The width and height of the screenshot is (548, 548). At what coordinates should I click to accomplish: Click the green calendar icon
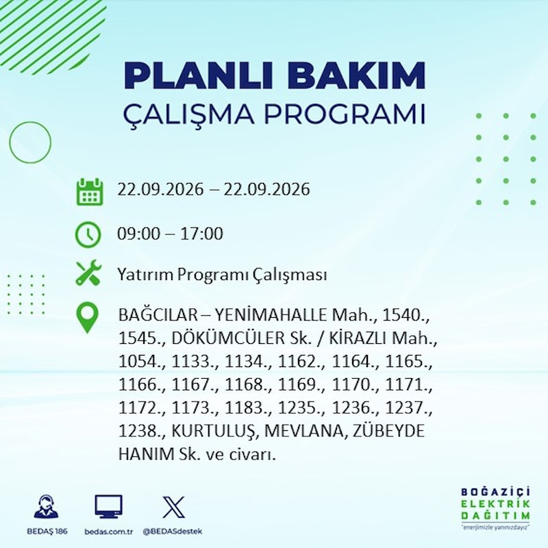90,192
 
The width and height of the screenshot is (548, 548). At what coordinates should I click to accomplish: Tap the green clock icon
88,234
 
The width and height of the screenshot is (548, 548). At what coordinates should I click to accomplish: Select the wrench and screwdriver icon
88,273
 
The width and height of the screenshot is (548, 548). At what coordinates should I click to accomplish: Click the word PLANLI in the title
198,75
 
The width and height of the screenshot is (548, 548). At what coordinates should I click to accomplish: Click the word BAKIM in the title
356,75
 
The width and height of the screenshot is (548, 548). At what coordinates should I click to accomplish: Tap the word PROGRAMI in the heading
345,114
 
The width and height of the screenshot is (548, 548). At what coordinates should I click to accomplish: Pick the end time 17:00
201,234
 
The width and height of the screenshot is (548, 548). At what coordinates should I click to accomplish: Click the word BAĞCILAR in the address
158,315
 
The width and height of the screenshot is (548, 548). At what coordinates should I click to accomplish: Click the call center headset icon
47,506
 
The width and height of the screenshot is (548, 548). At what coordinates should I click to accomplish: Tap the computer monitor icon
109,506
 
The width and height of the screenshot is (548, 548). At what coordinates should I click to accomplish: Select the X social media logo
174,507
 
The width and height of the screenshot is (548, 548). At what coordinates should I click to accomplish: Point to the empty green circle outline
10,142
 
